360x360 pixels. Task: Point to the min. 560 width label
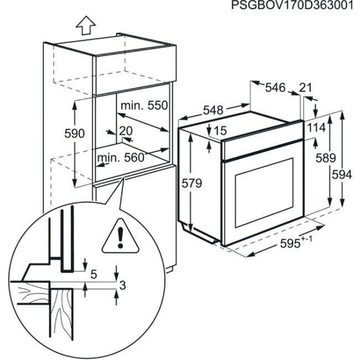(121, 158)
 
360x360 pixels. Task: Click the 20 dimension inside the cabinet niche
(126, 131)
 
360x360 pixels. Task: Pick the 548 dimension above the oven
(213, 110)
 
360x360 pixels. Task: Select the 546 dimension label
(275, 87)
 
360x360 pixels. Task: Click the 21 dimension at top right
(306, 87)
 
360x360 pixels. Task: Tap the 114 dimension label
(316, 127)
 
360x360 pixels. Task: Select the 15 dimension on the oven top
(219, 131)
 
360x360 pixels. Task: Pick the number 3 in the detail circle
(123, 286)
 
